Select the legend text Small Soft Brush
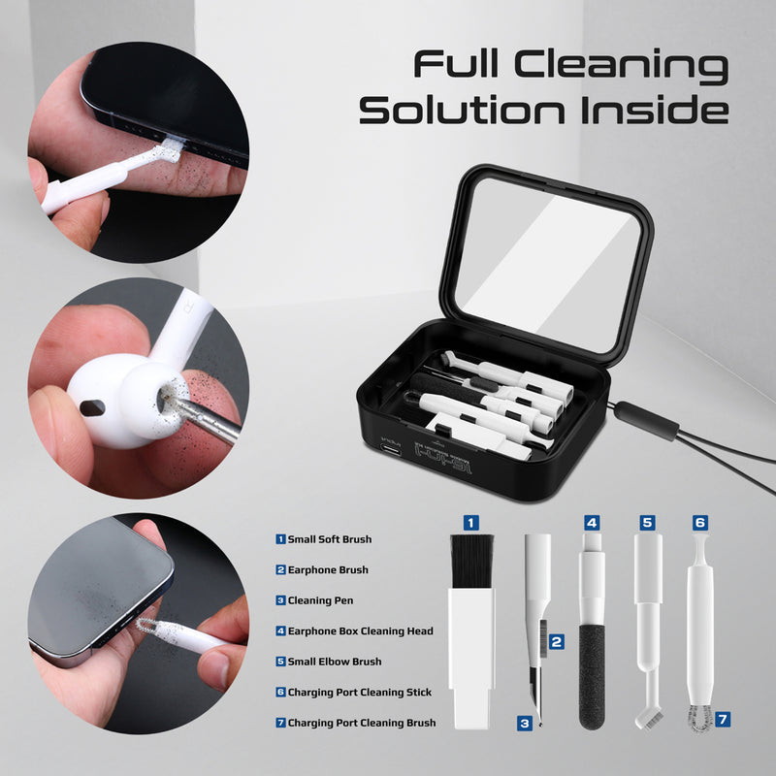click(x=329, y=539)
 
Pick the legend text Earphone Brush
click(x=328, y=570)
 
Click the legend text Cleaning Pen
click(x=320, y=600)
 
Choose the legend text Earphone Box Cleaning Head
click(x=360, y=631)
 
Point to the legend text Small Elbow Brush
click(x=334, y=662)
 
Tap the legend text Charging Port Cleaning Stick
click(x=359, y=693)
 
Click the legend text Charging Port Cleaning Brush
click(x=361, y=723)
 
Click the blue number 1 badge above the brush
click(x=470, y=523)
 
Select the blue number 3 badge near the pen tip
click(x=524, y=723)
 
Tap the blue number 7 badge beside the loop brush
click(x=722, y=720)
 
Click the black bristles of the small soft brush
click(x=471, y=563)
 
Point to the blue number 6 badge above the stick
click(x=700, y=522)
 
